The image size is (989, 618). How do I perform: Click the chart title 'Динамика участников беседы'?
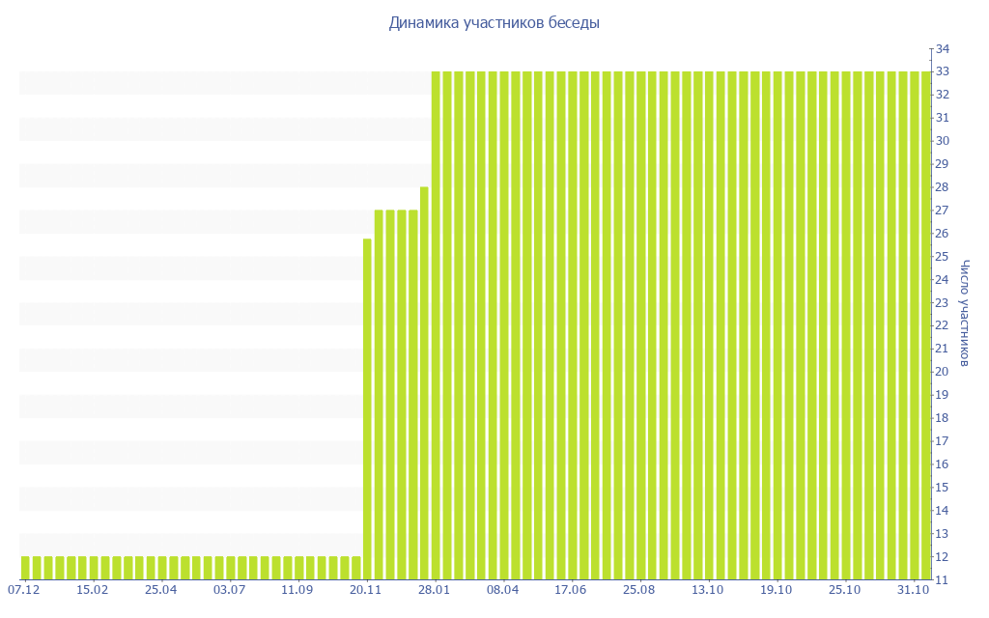tap(494, 23)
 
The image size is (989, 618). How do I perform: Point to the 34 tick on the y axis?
tap(943, 48)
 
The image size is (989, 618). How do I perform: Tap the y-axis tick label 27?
tap(943, 211)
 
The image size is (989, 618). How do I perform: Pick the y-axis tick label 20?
tap(943, 372)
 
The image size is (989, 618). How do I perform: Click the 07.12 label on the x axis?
tap(24, 590)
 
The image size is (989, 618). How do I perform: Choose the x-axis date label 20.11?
tap(366, 590)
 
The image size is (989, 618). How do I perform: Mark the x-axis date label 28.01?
tap(435, 590)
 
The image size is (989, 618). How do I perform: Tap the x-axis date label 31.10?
tap(914, 590)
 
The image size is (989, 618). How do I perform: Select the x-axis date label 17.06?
tap(571, 590)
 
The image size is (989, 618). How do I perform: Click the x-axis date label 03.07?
tap(230, 590)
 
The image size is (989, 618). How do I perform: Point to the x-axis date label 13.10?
tap(708, 590)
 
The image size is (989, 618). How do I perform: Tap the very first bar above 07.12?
tap(25, 568)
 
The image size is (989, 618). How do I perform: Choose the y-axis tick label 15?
tap(943, 488)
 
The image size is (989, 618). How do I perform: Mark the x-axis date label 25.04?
tap(161, 590)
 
